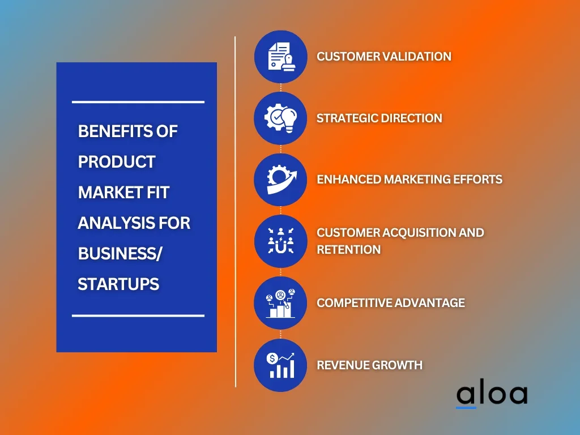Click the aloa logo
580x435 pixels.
pos(492,395)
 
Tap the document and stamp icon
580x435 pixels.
pos(281,57)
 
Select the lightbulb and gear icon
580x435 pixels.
pos(280,118)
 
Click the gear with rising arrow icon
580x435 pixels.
pos(281,180)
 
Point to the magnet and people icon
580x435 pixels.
pos(281,241)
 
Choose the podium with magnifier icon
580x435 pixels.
pos(280,303)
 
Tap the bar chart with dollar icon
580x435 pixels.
pos(281,365)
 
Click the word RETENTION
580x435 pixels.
pos(348,250)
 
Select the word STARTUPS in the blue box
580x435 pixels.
pos(118,284)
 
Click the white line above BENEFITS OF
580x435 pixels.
pos(138,102)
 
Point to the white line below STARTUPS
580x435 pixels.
pos(138,315)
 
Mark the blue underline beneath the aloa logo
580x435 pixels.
pos(466,408)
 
